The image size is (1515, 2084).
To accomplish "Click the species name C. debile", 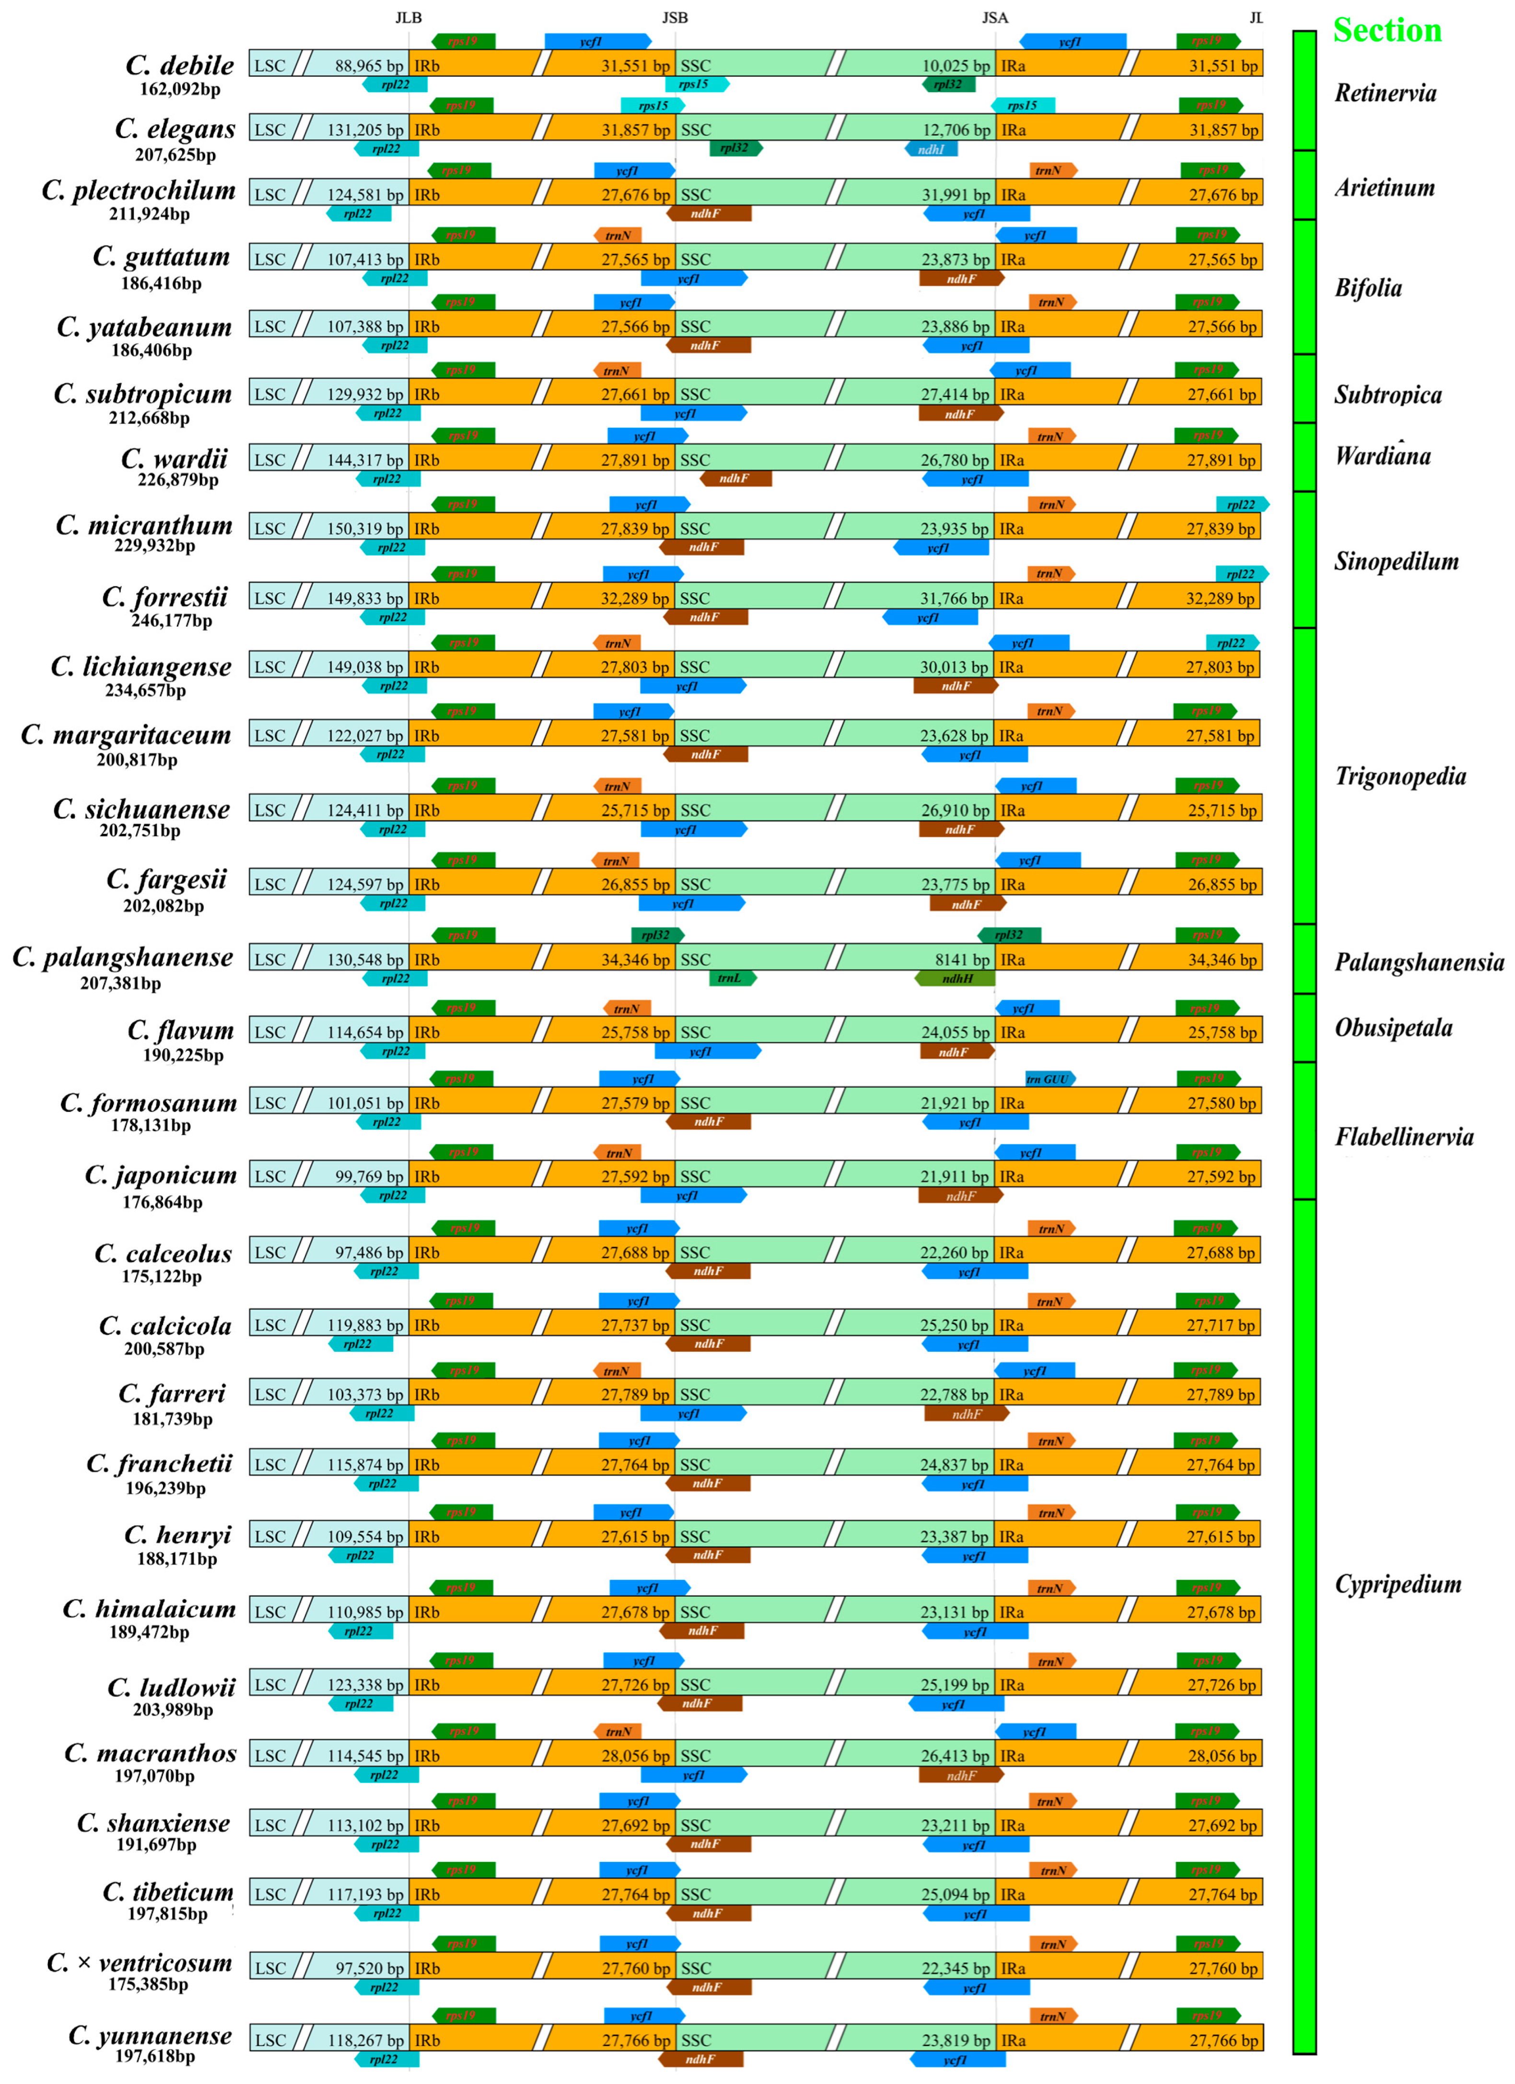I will point(180,65).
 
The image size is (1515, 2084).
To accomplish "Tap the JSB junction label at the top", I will point(675,17).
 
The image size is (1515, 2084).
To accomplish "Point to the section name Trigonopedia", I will point(1400,776).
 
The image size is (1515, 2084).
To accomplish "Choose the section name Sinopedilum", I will point(1396,562).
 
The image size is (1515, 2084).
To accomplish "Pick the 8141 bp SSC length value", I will point(962,960).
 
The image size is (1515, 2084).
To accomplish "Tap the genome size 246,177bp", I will point(172,621).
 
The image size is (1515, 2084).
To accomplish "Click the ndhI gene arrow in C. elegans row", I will point(931,149).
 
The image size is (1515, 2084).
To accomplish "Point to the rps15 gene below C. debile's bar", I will point(696,84).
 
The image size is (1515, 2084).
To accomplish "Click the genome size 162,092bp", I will point(180,89).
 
